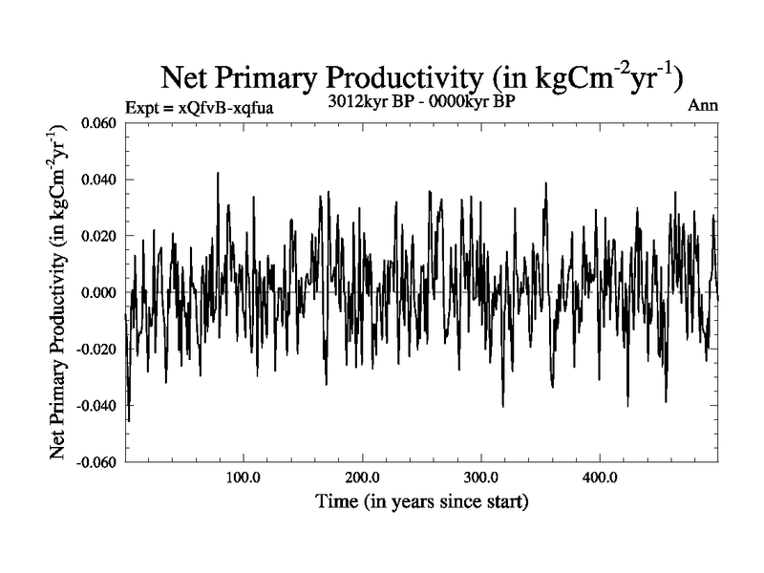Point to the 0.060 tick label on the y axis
(98, 123)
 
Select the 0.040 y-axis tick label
(98, 180)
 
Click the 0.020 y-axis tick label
(98, 236)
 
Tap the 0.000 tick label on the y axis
(98, 292)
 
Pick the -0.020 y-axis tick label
(96, 349)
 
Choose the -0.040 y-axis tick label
(96, 405)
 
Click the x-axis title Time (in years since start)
(422, 500)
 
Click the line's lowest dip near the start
(129, 420)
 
